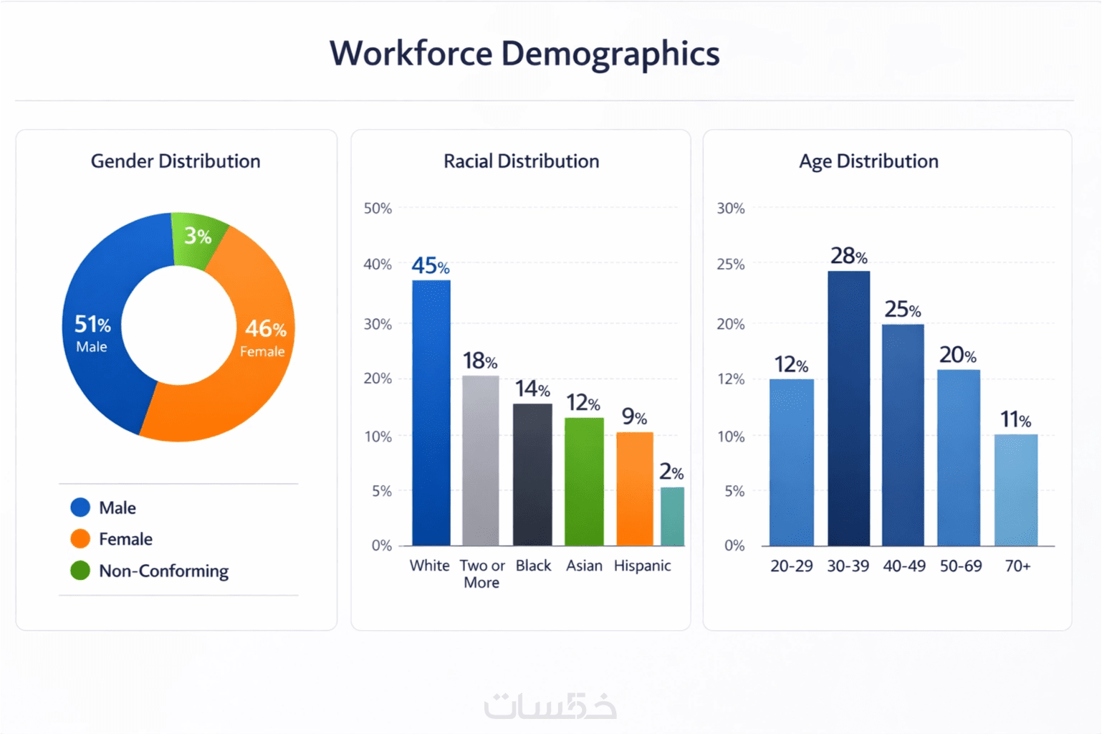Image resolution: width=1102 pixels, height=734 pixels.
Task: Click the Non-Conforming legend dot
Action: click(80, 571)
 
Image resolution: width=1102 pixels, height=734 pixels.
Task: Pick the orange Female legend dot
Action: click(80, 539)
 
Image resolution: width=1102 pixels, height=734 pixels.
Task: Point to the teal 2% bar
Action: click(672, 516)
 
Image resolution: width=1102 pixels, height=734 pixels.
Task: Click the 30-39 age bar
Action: click(848, 409)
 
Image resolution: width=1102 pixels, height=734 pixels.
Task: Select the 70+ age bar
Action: click(1016, 490)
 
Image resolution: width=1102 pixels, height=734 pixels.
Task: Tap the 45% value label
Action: click(431, 266)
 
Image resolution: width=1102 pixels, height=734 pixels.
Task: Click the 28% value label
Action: click(849, 256)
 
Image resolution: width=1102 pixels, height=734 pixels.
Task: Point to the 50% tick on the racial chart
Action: click(378, 209)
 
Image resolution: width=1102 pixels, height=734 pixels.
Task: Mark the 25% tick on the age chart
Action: click(731, 264)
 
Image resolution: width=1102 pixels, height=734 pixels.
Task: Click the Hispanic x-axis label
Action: click(642, 566)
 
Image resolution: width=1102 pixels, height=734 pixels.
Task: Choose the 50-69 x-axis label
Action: click(961, 566)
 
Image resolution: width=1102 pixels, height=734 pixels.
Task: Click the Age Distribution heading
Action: click(868, 161)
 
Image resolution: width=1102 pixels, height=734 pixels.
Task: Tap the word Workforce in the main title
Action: click(411, 54)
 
